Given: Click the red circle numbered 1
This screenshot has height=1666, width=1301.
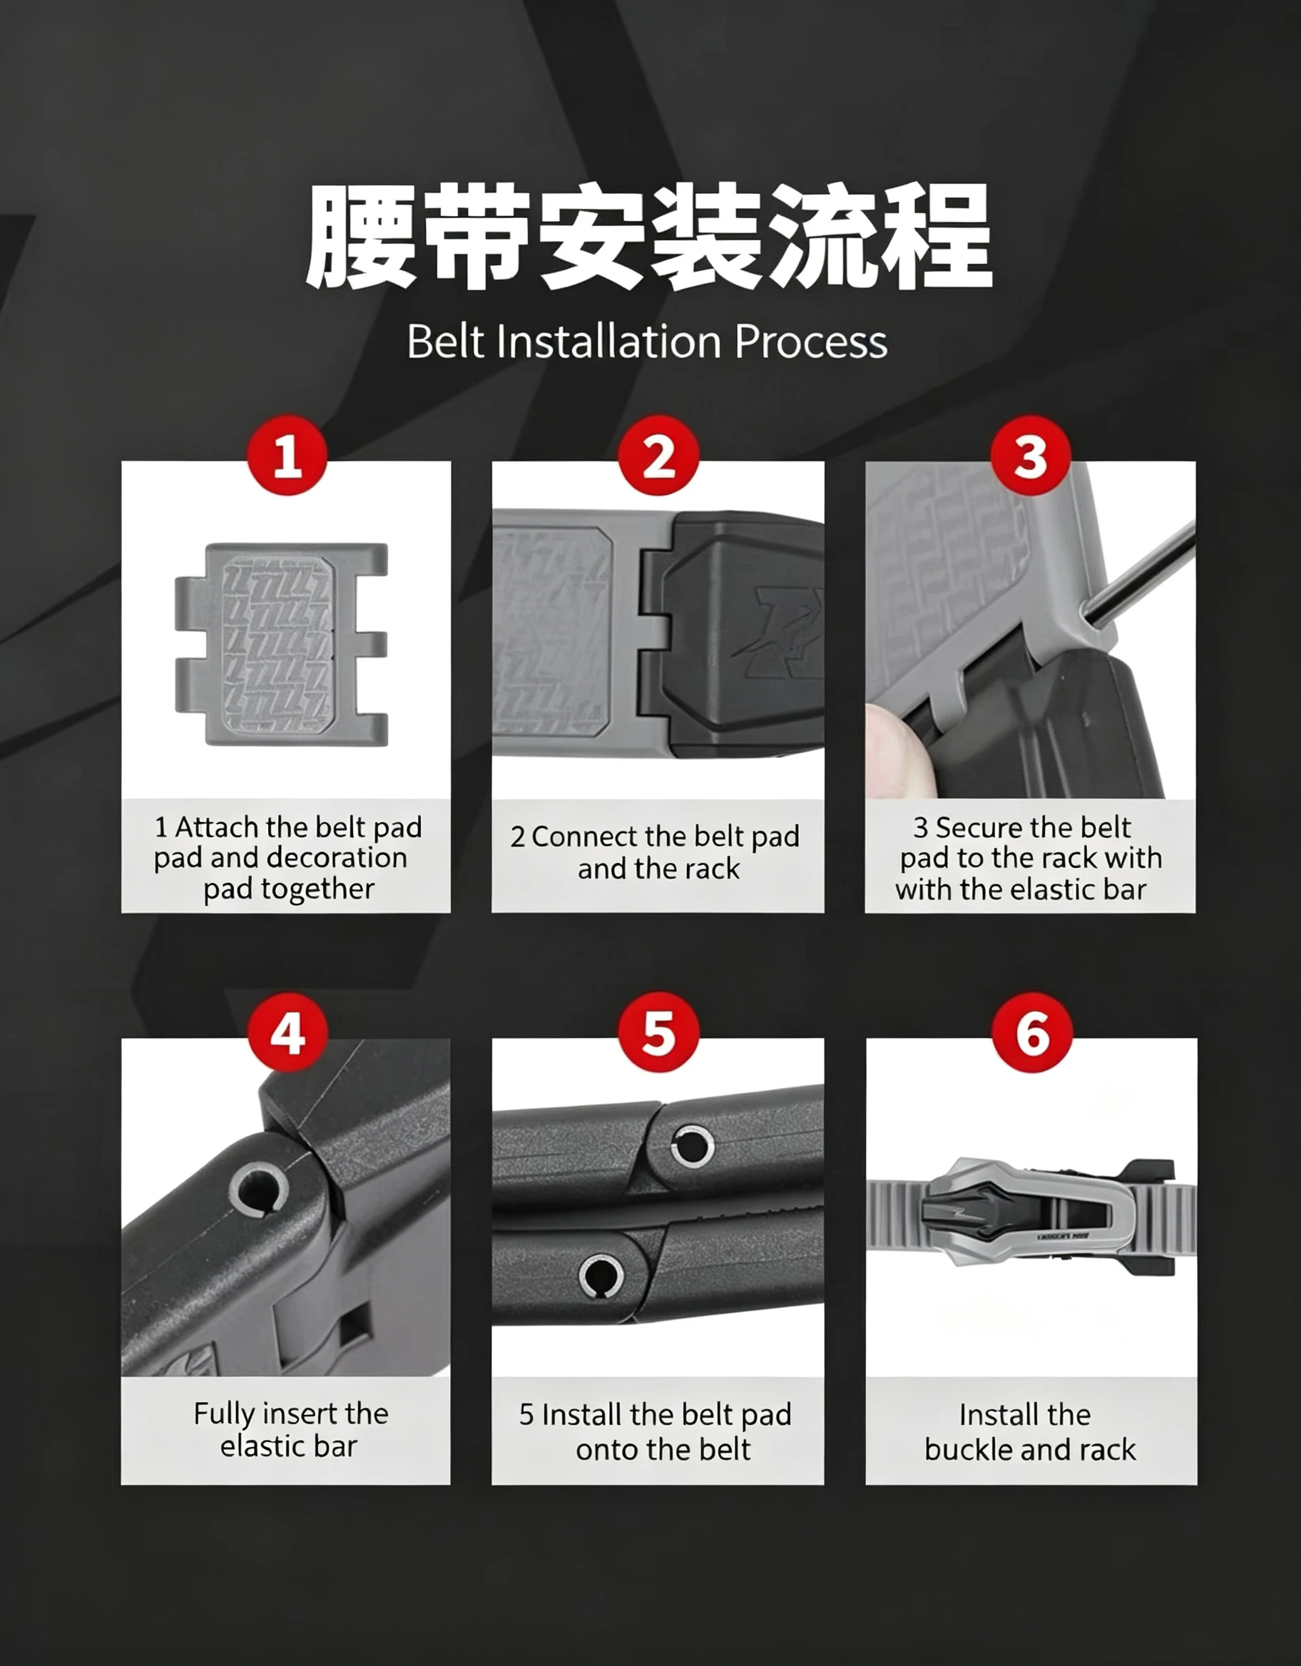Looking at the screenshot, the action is click(287, 456).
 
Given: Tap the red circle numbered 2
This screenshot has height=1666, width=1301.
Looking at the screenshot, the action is click(658, 456).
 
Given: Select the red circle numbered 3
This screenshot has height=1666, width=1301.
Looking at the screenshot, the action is click(1031, 456).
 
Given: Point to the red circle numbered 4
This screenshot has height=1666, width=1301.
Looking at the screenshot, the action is click(287, 1033).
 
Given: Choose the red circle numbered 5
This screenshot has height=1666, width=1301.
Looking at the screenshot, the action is click(658, 1033).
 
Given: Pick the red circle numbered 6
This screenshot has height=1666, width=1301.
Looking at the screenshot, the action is click(1032, 1033).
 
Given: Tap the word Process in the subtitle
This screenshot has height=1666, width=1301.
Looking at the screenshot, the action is click(811, 342).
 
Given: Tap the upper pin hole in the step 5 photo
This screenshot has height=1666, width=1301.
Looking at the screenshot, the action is click(692, 1146).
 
